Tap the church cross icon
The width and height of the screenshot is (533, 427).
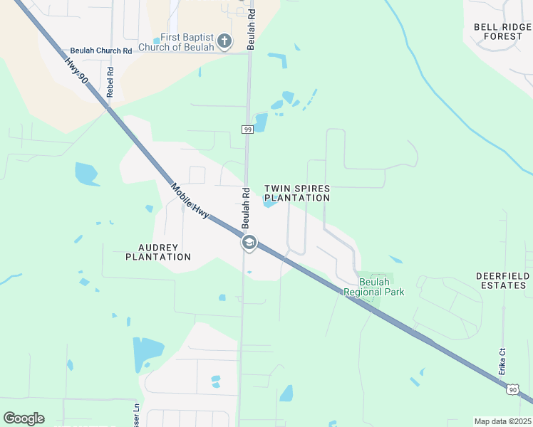[224, 41]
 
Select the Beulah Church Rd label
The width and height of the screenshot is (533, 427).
[101, 51]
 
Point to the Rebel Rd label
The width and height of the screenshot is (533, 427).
[110, 82]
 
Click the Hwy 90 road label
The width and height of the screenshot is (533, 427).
[76, 71]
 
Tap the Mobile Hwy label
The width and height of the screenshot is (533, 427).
[190, 201]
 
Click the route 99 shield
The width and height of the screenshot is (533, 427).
[247, 129]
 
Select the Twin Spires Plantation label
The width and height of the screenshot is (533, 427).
[297, 193]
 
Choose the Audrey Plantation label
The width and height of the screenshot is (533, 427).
[158, 252]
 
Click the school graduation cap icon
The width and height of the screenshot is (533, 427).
[249, 244]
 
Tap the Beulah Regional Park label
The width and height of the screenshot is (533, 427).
[373, 287]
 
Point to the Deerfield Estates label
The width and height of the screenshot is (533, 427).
[502, 280]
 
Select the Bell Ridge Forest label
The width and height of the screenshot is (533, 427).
[502, 31]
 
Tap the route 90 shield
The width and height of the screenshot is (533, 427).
[512, 389]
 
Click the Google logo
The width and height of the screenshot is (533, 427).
[24, 418]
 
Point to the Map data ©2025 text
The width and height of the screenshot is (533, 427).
[502, 421]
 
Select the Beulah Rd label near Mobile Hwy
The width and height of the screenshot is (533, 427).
[244, 208]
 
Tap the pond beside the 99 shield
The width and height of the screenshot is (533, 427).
[261, 122]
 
